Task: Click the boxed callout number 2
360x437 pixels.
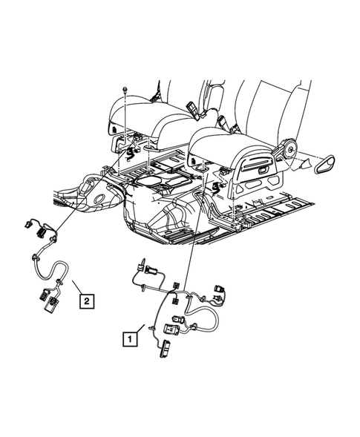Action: pos(88,300)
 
